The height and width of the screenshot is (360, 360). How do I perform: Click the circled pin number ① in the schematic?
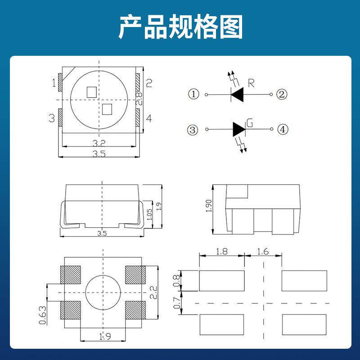193,94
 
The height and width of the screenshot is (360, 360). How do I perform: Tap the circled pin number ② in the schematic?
282,94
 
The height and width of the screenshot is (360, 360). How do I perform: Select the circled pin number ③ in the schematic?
193,130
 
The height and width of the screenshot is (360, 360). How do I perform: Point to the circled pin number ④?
282,130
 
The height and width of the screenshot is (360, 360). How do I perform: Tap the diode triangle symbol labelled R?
237,94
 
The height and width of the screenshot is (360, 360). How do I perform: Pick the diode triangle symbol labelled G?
239,130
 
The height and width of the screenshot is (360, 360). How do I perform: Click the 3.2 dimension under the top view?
99,144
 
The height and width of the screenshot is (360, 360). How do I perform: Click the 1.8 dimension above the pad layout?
221,252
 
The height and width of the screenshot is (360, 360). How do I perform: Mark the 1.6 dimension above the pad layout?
263,252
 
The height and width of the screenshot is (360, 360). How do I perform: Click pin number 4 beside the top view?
149,118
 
